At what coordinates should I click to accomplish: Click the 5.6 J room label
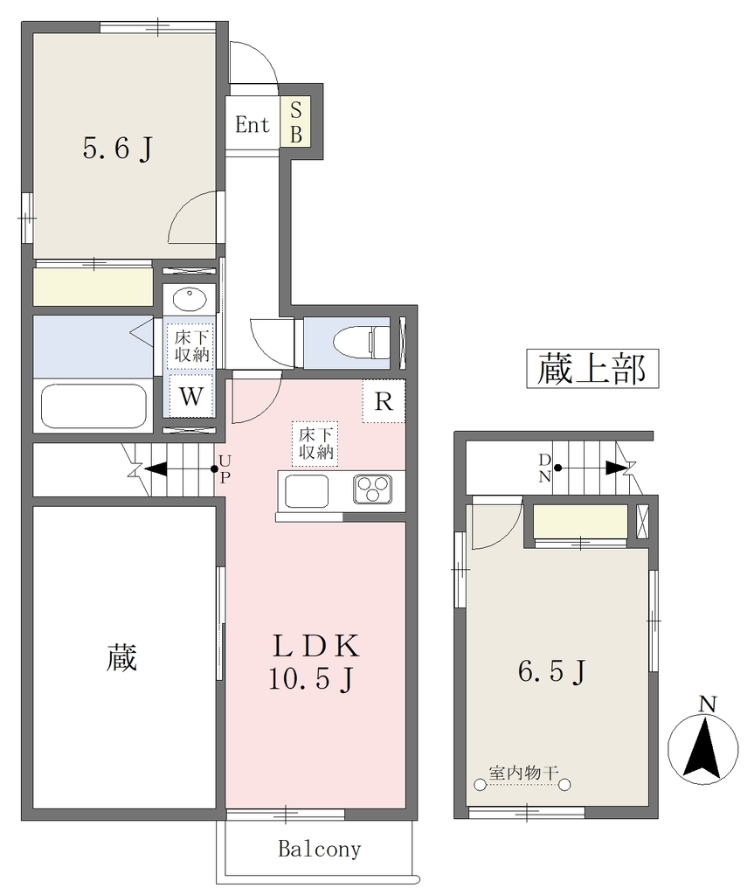(x=118, y=149)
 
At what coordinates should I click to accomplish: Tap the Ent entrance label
(x=252, y=124)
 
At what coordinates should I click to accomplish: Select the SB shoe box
(x=295, y=122)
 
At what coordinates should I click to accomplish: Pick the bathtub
(x=93, y=406)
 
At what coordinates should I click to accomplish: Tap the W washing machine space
(x=190, y=396)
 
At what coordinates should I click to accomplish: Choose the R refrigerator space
(x=384, y=401)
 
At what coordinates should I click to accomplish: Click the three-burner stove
(x=373, y=489)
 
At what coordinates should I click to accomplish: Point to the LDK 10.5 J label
(x=315, y=663)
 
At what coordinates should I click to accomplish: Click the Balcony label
(x=320, y=850)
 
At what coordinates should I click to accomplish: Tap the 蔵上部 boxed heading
(x=592, y=370)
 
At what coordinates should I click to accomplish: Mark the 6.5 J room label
(x=552, y=671)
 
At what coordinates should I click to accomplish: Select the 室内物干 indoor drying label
(x=522, y=773)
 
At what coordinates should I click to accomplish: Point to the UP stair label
(x=225, y=469)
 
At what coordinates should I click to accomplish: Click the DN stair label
(x=544, y=468)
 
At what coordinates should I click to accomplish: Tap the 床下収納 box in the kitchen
(x=315, y=443)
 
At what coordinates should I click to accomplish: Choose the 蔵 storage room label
(x=121, y=657)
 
